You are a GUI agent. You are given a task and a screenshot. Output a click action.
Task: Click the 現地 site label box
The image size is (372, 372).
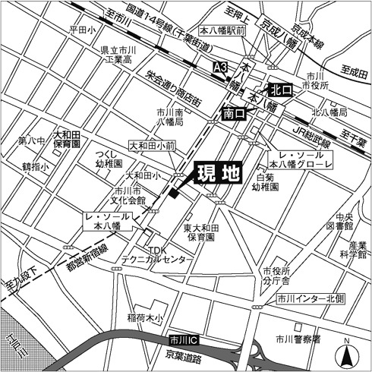[x=219, y=174]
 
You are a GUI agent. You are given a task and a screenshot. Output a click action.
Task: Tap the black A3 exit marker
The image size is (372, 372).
[x=221, y=68]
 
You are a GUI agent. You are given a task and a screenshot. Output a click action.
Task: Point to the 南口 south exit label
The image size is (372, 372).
[x=235, y=113]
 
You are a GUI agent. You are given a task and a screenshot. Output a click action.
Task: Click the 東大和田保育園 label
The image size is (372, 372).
[x=200, y=232]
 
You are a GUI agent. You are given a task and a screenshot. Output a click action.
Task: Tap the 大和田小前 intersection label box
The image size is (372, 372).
[x=152, y=144]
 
